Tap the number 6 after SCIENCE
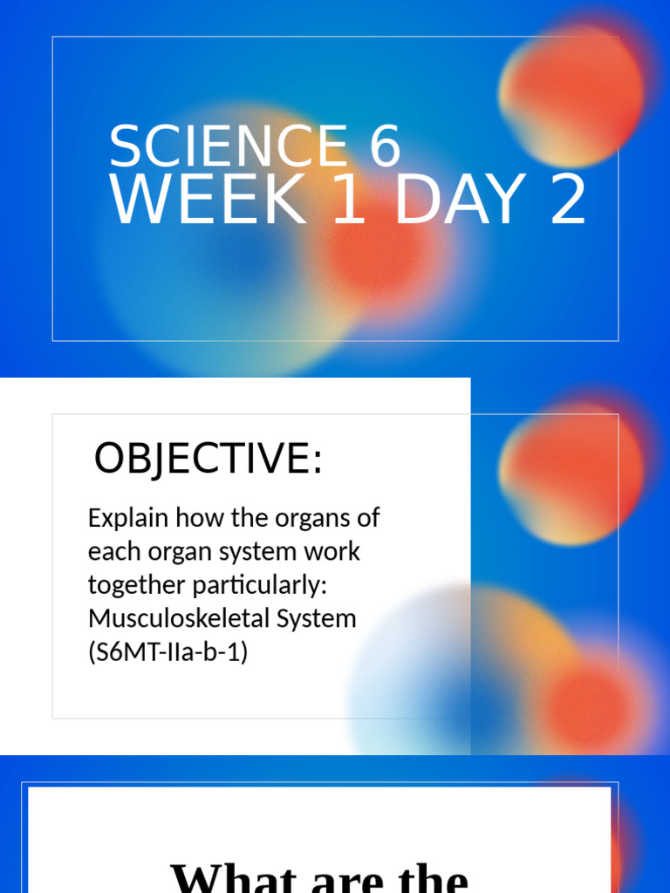click(x=384, y=147)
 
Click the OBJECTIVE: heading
click(x=208, y=459)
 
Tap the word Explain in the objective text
click(x=127, y=518)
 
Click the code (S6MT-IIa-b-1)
click(x=167, y=652)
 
